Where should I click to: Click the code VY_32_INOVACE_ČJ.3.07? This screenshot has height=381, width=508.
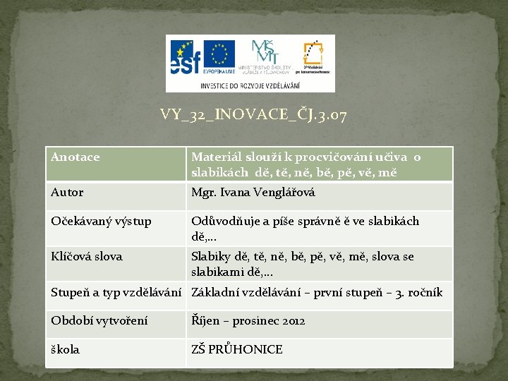coord(253,114)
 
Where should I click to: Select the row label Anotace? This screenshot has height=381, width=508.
coord(75,157)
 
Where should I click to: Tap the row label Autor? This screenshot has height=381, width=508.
coord(67,192)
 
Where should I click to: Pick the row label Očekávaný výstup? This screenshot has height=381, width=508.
coord(101,222)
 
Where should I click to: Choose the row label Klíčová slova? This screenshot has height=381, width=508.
coord(86,257)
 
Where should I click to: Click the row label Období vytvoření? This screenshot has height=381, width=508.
coord(99,321)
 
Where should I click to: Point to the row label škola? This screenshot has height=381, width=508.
coord(66,349)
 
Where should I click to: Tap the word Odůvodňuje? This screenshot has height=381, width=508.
coord(223,222)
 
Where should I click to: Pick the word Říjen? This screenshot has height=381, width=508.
coord(205,321)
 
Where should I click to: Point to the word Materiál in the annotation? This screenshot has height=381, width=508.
coord(216,157)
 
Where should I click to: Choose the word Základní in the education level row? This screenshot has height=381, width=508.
coord(215,292)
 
